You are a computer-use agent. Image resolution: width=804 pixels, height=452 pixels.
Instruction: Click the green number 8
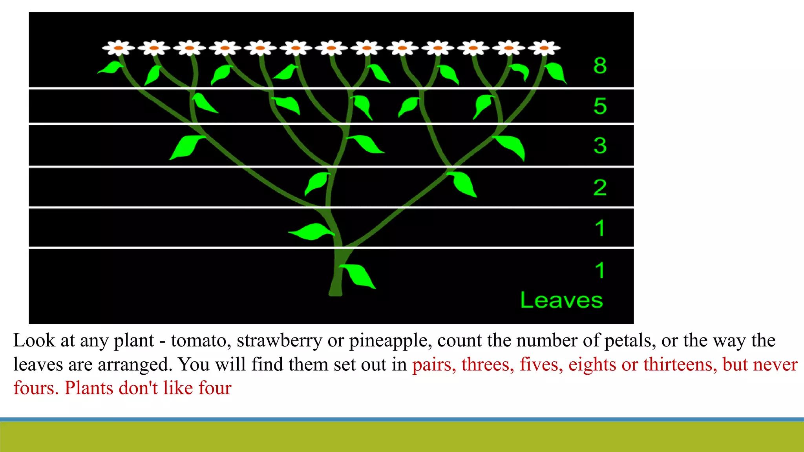point(600,66)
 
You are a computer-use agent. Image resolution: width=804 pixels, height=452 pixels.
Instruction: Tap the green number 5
point(600,106)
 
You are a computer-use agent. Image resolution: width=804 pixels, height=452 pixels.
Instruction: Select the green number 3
point(600,146)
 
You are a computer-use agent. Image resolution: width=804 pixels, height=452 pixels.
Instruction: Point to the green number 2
point(600,188)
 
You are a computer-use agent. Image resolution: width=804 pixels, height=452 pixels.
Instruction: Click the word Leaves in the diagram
point(561,301)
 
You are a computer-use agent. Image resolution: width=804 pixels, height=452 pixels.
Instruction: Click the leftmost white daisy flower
point(118,48)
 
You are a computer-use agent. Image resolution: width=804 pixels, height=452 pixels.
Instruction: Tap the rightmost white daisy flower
point(544,48)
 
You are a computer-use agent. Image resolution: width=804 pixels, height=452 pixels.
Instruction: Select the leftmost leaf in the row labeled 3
point(186,147)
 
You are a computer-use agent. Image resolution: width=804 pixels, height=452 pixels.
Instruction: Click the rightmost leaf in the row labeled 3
point(511,146)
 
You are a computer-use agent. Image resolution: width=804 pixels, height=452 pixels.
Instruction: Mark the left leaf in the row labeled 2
point(317,183)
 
